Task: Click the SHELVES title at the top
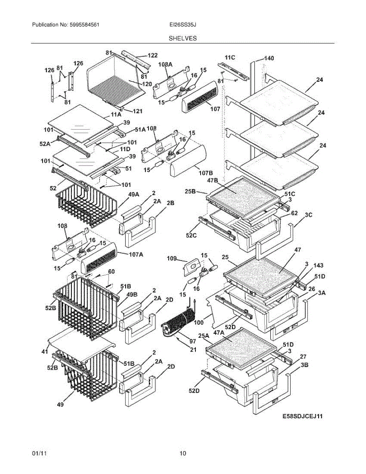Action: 183,38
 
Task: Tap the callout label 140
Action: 268,58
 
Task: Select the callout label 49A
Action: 133,194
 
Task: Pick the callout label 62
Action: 294,213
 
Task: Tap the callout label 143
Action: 318,265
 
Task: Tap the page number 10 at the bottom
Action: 183,453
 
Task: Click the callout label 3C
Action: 308,215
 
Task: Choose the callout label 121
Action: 137,111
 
